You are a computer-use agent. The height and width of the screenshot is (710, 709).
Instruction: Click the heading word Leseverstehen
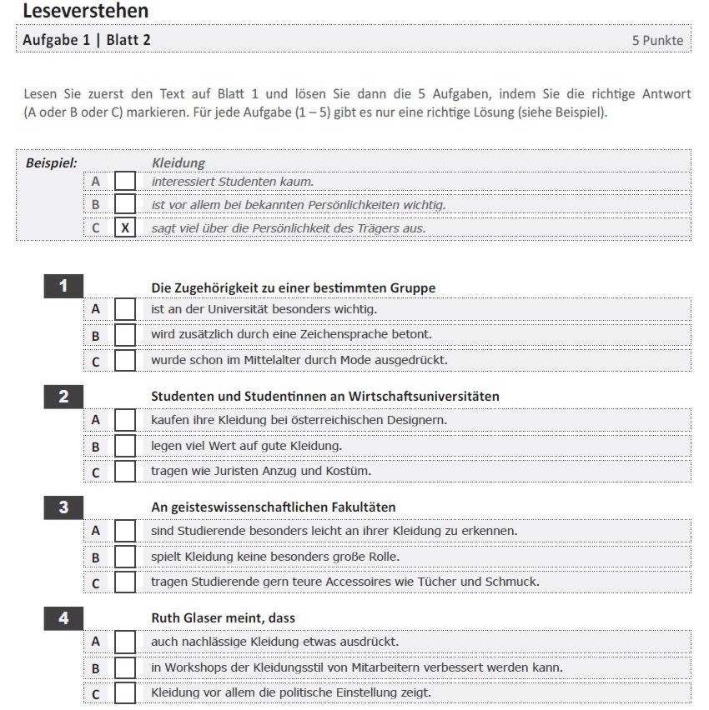(86, 11)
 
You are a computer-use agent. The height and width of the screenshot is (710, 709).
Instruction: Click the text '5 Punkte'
(657, 40)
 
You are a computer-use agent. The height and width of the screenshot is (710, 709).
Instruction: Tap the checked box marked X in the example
(125, 227)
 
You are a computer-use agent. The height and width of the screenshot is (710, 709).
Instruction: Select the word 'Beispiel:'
(52, 162)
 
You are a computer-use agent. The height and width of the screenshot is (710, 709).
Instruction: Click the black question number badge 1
(63, 287)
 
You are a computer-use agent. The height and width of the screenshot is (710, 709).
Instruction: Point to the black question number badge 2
(63, 396)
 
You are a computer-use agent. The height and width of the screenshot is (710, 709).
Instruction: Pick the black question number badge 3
(63, 507)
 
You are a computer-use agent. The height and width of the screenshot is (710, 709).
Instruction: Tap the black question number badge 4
(63, 617)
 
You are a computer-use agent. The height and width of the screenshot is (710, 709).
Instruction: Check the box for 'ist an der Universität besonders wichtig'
(125, 309)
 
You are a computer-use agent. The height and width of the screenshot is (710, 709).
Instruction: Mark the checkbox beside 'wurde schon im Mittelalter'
(125, 360)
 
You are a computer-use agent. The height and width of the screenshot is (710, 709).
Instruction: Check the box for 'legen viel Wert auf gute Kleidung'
(125, 446)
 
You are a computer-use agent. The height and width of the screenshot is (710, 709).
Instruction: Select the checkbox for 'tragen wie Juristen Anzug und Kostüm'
(125, 471)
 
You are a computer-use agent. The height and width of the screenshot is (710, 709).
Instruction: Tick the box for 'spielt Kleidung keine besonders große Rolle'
(125, 556)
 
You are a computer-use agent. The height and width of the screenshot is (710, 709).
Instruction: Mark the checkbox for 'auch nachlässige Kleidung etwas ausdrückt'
(125, 642)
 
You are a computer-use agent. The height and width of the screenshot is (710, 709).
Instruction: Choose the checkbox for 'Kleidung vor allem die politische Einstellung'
(125, 692)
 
